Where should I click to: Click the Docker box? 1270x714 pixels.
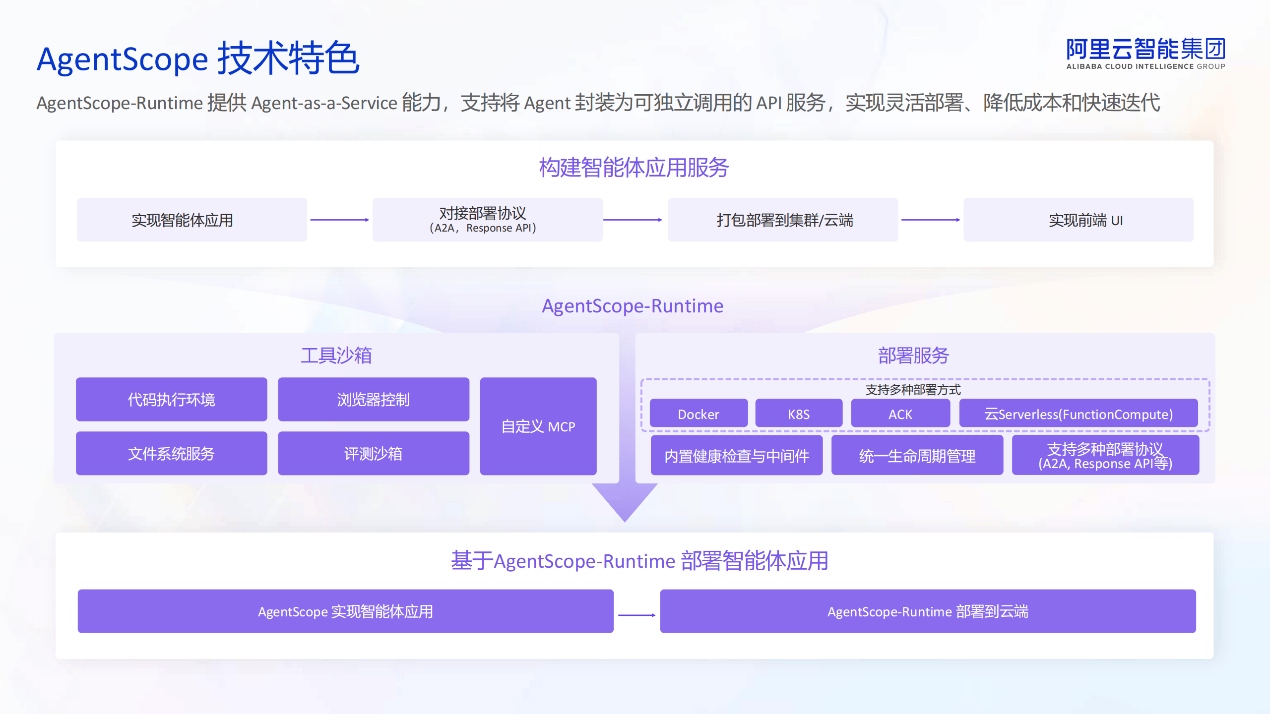point(698,413)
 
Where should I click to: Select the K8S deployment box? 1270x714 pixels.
point(799,413)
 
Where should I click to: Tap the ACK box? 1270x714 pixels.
point(900,413)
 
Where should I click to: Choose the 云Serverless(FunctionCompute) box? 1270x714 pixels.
point(1079,413)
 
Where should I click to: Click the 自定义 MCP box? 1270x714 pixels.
point(538,426)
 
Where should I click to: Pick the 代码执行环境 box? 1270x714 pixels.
point(171,399)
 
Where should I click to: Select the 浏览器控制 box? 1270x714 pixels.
point(374,399)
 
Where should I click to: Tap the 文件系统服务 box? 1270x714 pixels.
point(171,453)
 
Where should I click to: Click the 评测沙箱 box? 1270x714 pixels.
point(374,453)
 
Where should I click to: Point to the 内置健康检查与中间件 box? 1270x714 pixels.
point(737,455)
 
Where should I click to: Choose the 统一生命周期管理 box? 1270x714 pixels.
point(917,455)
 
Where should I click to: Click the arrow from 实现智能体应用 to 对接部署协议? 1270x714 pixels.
point(340,220)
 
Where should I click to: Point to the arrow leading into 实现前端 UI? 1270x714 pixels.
point(931,220)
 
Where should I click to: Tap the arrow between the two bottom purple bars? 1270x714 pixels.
point(637,615)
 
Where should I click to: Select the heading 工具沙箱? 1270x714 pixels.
point(336,356)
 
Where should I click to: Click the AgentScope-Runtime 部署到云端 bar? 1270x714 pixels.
point(928,611)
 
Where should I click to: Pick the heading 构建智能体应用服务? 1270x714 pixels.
point(634,168)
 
